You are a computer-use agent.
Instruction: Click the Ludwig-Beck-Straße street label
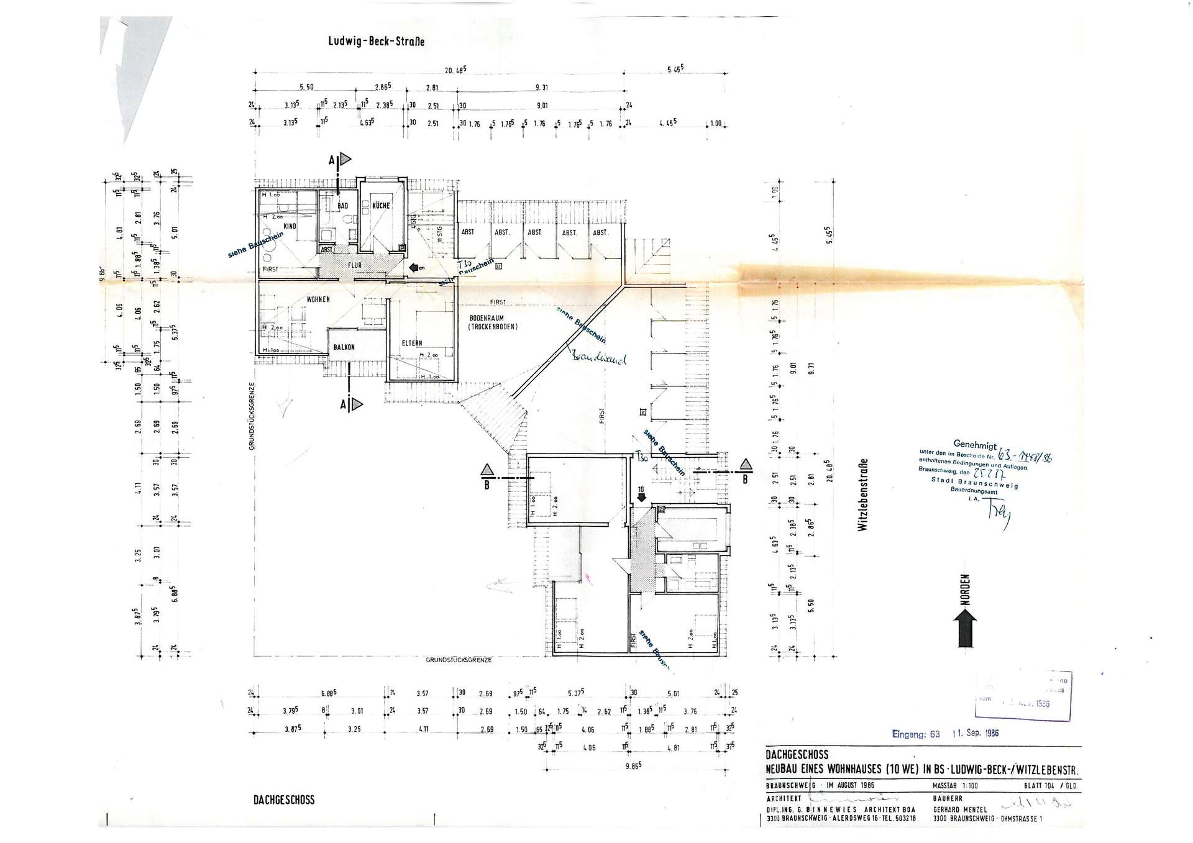(376, 42)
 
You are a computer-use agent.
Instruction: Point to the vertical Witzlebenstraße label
(862, 494)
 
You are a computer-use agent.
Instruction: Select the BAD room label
(343, 206)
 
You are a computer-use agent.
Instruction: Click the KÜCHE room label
(380, 206)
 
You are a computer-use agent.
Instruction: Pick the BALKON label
(344, 347)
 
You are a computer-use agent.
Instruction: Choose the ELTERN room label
(411, 343)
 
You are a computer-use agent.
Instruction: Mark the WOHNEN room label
(318, 299)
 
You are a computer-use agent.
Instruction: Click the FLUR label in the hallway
(354, 265)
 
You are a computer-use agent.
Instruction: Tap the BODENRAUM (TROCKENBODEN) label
(493, 322)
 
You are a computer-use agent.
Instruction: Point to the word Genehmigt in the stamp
(975, 445)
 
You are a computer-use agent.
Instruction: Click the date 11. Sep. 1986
(976, 733)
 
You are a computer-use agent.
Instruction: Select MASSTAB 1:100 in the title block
(956, 785)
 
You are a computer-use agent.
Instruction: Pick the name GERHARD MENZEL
(960, 810)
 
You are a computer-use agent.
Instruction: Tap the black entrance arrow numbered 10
(641, 495)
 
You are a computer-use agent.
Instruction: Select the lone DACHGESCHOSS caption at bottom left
(283, 800)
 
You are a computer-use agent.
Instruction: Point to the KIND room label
(290, 226)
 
